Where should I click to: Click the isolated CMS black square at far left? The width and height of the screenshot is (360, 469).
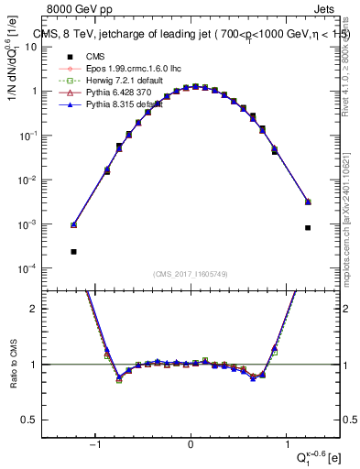coord(73,251)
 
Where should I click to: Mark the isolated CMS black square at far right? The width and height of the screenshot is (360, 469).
coord(308,228)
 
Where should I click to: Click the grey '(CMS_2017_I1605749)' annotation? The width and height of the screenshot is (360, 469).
coord(190,275)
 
